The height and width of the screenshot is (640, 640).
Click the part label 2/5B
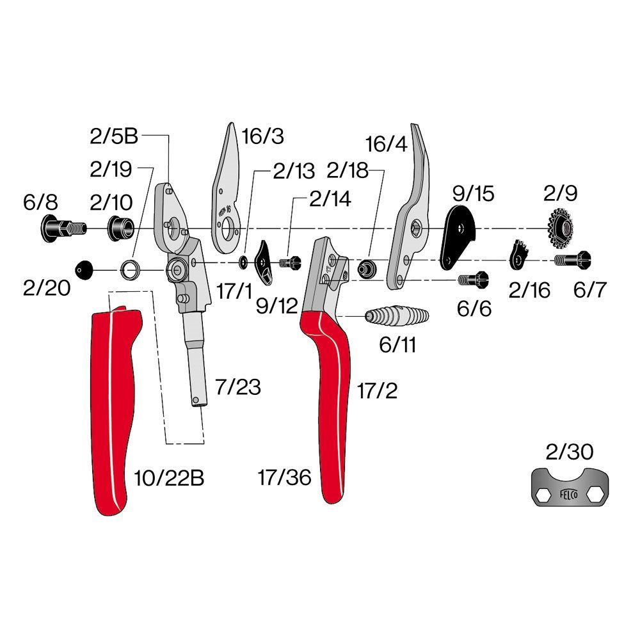[114, 136]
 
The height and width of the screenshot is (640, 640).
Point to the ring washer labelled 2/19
[131, 270]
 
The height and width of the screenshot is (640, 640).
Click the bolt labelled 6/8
[63, 228]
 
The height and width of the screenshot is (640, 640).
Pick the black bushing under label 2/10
[120, 228]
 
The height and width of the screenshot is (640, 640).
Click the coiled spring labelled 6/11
[397, 316]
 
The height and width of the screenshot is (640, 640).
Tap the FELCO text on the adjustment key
[568, 495]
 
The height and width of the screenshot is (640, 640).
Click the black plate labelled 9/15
[457, 237]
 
